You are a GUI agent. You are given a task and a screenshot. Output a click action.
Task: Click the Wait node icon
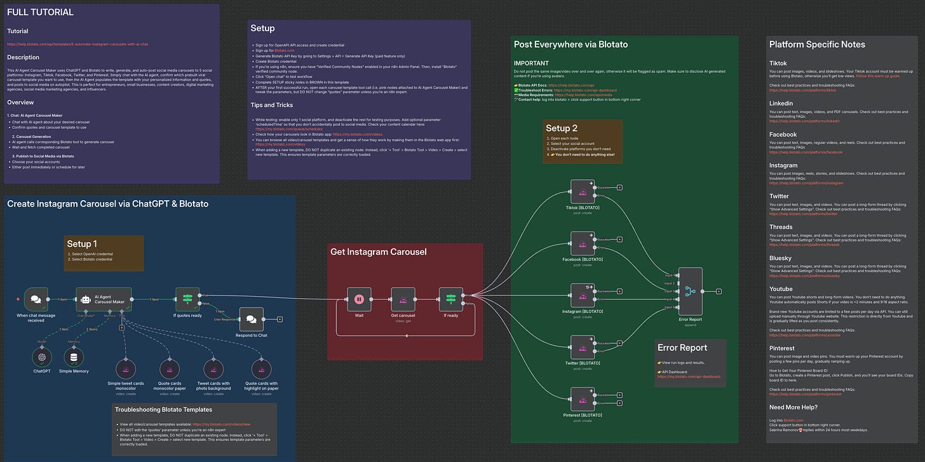pos(358,299)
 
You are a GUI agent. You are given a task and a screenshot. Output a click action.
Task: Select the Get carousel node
pos(403,299)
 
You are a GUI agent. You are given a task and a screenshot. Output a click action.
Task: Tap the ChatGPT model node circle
pos(42,357)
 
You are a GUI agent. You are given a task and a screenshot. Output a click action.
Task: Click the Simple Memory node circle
pos(74,357)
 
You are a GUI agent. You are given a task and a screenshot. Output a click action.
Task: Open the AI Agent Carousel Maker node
pos(104,299)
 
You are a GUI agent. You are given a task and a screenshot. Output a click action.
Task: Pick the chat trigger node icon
pos(36,299)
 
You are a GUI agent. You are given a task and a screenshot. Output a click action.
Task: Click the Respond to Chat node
pos(251,319)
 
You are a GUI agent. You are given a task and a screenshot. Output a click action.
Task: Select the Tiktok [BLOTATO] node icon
pos(583,191)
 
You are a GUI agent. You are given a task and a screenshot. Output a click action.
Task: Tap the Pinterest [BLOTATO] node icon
pos(583,399)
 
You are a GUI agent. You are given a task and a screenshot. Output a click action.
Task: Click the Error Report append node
pos(690,291)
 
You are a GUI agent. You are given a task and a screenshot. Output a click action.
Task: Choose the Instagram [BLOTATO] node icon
pos(583,296)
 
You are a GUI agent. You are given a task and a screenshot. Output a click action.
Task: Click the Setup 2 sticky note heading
pos(562,128)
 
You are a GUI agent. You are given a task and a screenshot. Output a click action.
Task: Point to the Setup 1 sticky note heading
pos(83,244)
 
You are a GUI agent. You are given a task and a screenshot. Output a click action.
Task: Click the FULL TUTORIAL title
pos(41,13)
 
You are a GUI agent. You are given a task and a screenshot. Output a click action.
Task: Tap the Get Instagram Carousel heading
pos(379,252)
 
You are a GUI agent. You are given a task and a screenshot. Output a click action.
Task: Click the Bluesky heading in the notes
pos(780,258)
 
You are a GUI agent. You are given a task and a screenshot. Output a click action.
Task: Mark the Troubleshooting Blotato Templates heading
pos(163,410)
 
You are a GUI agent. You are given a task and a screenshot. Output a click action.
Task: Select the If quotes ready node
pos(187,299)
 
